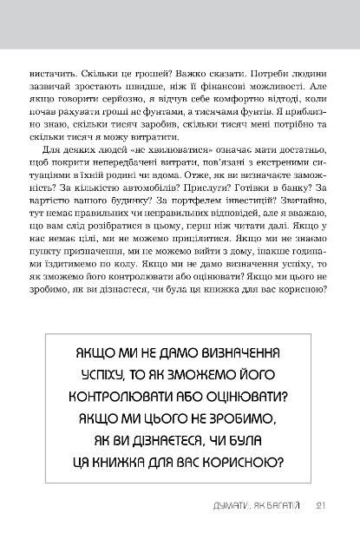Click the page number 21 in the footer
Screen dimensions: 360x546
click(320, 508)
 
